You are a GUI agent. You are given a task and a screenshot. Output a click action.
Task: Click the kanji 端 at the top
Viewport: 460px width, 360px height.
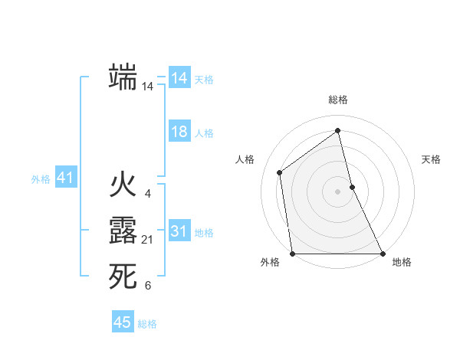point(123,77)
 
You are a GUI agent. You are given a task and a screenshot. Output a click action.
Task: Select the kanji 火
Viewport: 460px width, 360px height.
point(123,186)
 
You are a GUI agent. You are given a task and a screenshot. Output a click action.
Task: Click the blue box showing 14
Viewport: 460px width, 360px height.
point(179,78)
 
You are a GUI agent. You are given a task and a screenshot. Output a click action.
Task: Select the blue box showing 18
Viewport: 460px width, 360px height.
point(179,132)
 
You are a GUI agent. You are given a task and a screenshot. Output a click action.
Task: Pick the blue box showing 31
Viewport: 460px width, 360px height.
point(179,231)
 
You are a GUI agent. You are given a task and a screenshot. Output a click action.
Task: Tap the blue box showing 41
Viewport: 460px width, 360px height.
point(65,178)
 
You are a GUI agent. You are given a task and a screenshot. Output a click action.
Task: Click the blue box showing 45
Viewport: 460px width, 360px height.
point(123,322)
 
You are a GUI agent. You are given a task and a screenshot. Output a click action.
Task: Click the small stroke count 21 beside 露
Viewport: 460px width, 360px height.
point(148,241)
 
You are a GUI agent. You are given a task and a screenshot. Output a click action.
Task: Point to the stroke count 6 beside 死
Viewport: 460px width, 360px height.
point(148,286)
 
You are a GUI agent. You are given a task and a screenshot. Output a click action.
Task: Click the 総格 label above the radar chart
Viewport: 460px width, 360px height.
point(338,100)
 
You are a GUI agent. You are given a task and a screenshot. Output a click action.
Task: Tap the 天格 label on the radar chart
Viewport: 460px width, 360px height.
point(432,159)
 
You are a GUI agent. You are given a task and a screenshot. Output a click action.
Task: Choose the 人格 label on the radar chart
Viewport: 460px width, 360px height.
point(245,159)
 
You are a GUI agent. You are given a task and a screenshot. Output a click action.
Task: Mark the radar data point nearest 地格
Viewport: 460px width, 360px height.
point(382,254)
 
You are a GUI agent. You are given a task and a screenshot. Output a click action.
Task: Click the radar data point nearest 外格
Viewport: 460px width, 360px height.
point(292,254)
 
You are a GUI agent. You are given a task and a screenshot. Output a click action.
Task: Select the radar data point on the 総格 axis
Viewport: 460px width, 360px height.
point(338,130)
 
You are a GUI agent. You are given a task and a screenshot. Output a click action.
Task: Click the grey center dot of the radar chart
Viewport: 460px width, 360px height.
point(338,191)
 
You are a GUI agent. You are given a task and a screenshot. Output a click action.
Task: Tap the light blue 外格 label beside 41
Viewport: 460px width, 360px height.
point(41,179)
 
